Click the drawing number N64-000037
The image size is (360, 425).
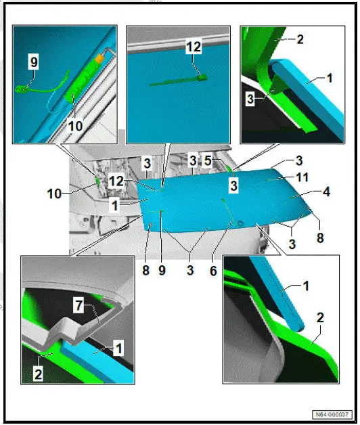click(x=332, y=414)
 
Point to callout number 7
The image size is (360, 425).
click(x=78, y=305)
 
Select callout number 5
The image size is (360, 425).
click(x=208, y=161)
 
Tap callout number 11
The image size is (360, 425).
click(x=302, y=177)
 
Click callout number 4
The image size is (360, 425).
click(x=326, y=192)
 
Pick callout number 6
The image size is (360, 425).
click(x=213, y=271)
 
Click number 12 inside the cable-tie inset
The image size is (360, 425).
click(x=194, y=47)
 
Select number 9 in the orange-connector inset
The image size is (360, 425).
click(x=34, y=62)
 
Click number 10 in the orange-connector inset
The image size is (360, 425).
click(x=75, y=126)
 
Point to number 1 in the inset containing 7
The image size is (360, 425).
click(x=118, y=349)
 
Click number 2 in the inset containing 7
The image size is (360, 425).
click(x=38, y=374)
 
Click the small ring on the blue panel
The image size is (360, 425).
click(x=240, y=223)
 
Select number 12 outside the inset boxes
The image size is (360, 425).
click(x=116, y=181)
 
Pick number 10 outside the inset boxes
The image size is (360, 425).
click(x=54, y=194)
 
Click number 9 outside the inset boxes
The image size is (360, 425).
click(x=162, y=270)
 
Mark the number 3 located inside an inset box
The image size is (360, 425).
click(x=250, y=99)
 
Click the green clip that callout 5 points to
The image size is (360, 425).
click(x=229, y=169)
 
